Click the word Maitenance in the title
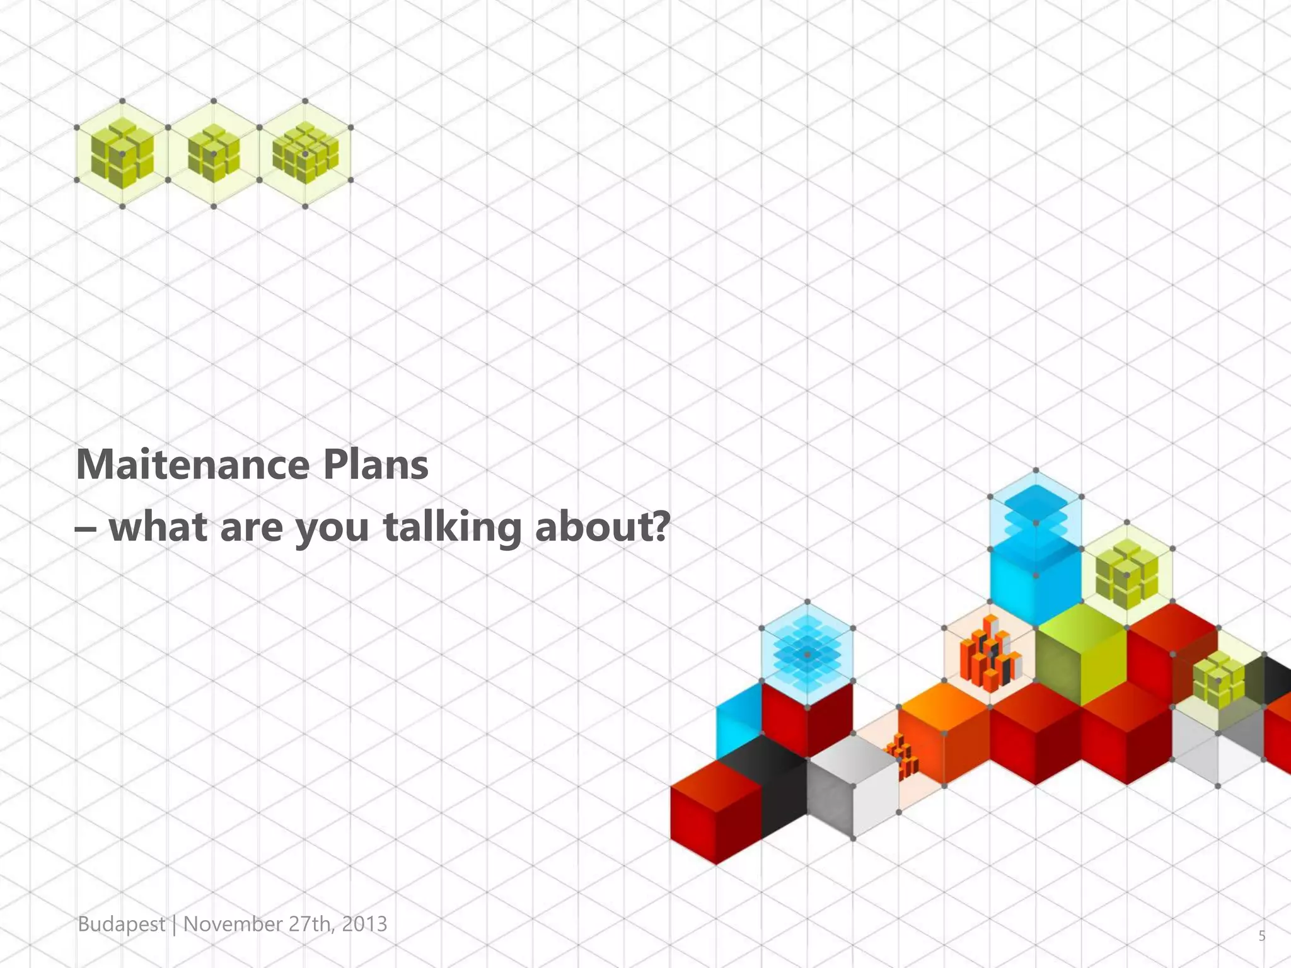click(193, 465)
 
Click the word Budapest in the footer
click(121, 924)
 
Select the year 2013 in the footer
click(364, 924)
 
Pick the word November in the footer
click(233, 924)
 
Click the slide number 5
click(1261, 936)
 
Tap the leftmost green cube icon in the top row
click(122, 154)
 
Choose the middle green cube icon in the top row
click(214, 154)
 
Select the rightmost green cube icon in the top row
click(305, 154)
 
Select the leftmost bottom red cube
click(715, 813)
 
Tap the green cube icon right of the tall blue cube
click(1126, 575)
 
